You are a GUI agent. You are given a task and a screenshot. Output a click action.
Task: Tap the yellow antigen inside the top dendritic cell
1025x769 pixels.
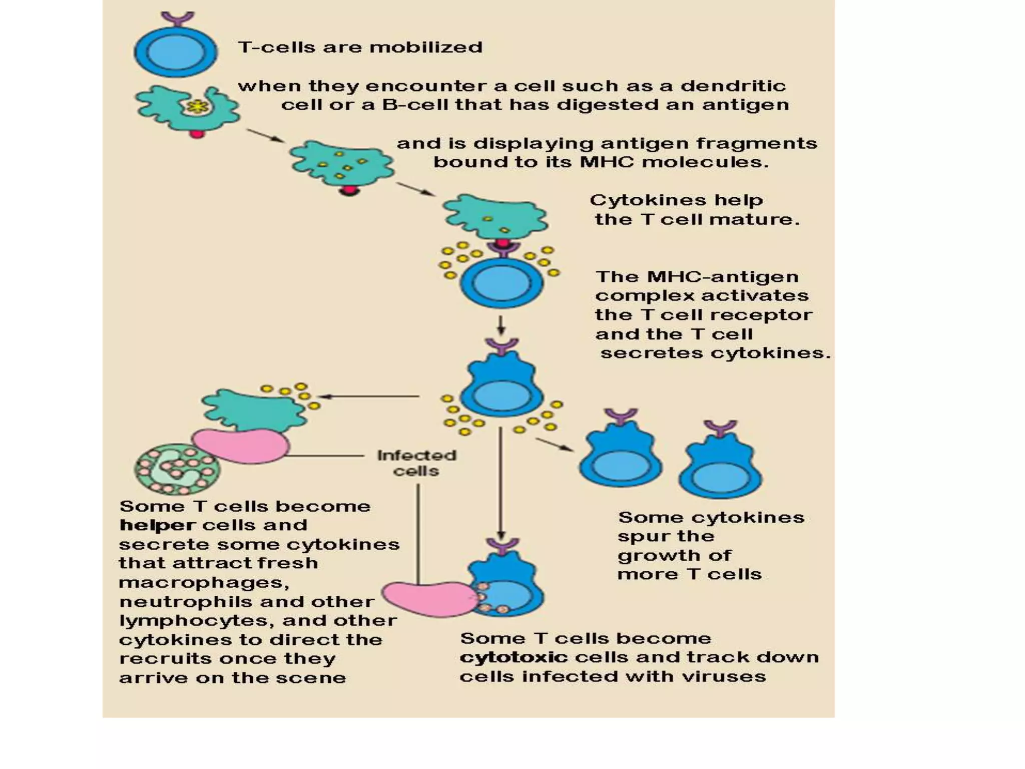(198, 106)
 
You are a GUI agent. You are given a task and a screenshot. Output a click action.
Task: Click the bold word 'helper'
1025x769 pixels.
(157, 525)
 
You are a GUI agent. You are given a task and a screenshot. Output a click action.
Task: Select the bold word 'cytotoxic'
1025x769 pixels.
(514, 657)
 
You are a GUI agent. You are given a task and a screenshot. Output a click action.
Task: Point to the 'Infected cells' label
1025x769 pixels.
(416, 463)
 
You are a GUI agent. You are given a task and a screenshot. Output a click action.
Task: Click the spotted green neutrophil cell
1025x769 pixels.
(176, 469)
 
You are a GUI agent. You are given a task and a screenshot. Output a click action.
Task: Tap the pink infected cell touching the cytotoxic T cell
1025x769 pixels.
(428, 599)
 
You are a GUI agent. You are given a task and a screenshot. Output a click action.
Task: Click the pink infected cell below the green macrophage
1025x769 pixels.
(241, 445)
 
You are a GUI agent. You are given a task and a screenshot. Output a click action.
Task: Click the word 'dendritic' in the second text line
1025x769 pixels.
(733, 86)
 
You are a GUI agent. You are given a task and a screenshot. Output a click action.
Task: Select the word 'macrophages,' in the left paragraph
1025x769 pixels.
(204, 583)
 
